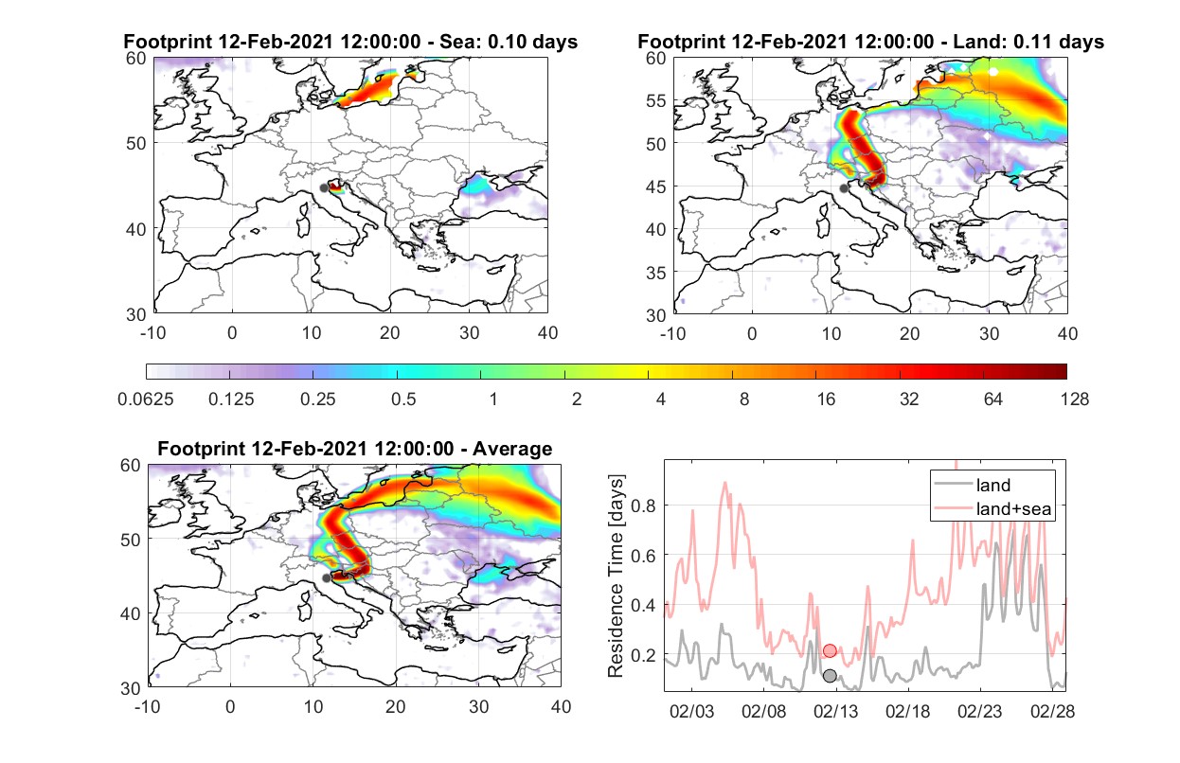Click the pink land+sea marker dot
[830, 651]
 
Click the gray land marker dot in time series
[830, 676]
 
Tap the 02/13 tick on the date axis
[836, 711]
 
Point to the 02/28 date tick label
[1052, 711]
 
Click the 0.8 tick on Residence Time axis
[643, 506]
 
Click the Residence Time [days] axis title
[616, 576]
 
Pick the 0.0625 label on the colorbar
[146, 399]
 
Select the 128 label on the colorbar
[1074, 399]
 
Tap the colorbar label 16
[826, 399]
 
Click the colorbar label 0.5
[403, 399]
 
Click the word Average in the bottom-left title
[512, 449]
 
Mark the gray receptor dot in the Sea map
[324, 188]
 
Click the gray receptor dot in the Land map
[844, 188]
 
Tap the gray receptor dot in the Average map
[327, 578]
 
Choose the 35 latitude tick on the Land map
[656, 273]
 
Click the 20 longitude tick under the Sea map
[390, 333]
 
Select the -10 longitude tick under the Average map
[148, 706]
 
